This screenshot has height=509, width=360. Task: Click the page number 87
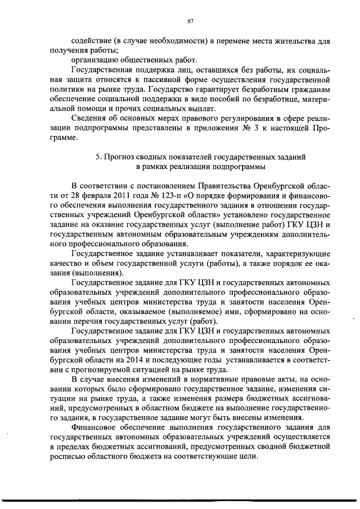(x=190, y=21)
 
